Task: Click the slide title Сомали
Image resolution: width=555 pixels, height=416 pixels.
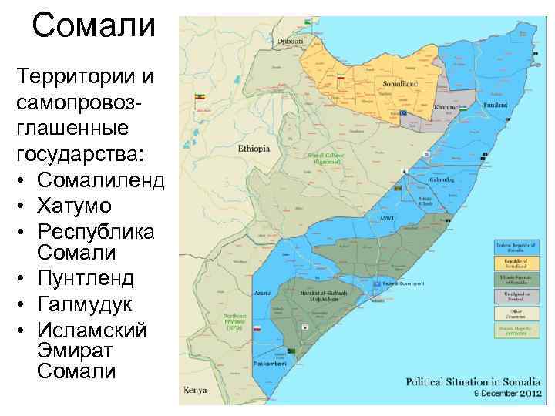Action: click(x=94, y=25)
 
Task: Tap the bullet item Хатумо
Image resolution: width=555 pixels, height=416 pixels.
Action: click(x=73, y=206)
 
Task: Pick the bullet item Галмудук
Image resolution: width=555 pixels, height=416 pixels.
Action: click(x=86, y=304)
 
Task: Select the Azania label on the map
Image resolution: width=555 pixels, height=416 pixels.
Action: click(x=258, y=294)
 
